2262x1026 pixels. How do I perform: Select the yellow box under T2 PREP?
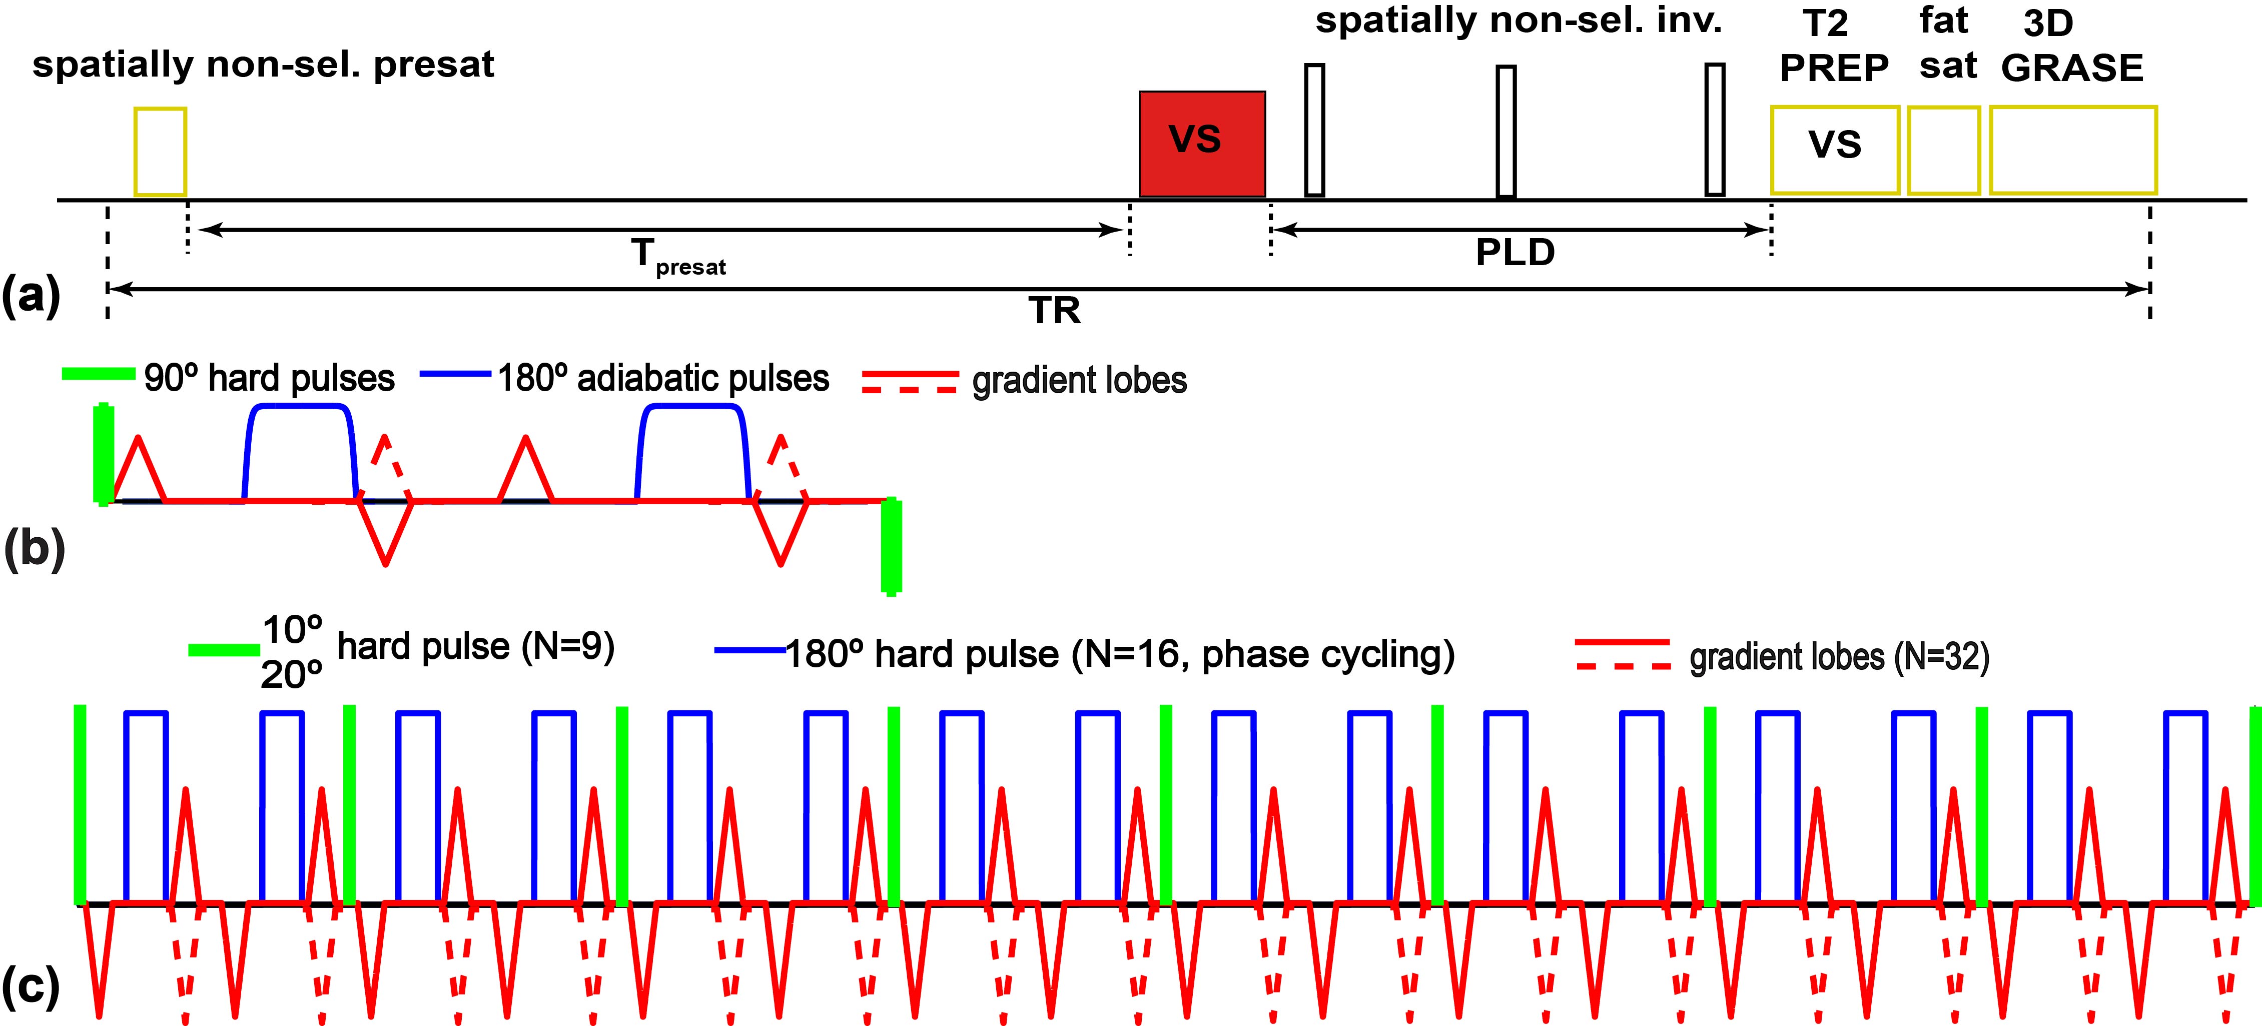(1834, 150)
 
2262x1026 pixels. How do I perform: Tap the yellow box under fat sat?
(1943, 150)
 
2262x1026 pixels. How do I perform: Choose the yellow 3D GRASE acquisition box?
(2072, 150)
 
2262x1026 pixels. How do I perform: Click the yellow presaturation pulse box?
(160, 152)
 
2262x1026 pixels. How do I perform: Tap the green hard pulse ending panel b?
(891, 546)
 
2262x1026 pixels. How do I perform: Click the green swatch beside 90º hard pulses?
(99, 374)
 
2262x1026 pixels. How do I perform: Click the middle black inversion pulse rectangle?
(1506, 132)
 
